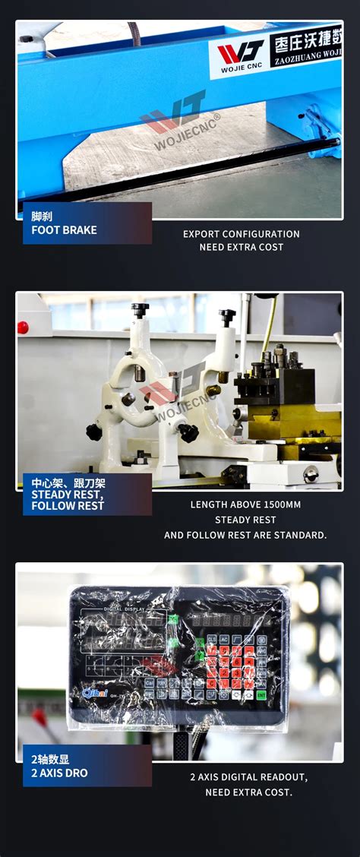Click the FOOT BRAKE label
(x=64, y=229)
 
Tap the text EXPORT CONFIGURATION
(x=241, y=234)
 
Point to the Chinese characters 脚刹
(x=42, y=216)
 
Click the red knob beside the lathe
(x=23, y=327)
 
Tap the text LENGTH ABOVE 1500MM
(x=245, y=504)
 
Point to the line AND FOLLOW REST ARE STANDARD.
(x=245, y=535)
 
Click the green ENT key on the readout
(x=261, y=694)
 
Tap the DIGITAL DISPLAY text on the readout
(x=124, y=609)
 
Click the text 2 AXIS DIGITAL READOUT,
(x=248, y=777)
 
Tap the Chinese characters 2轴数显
(x=50, y=759)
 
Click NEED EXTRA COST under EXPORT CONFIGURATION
(x=241, y=247)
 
